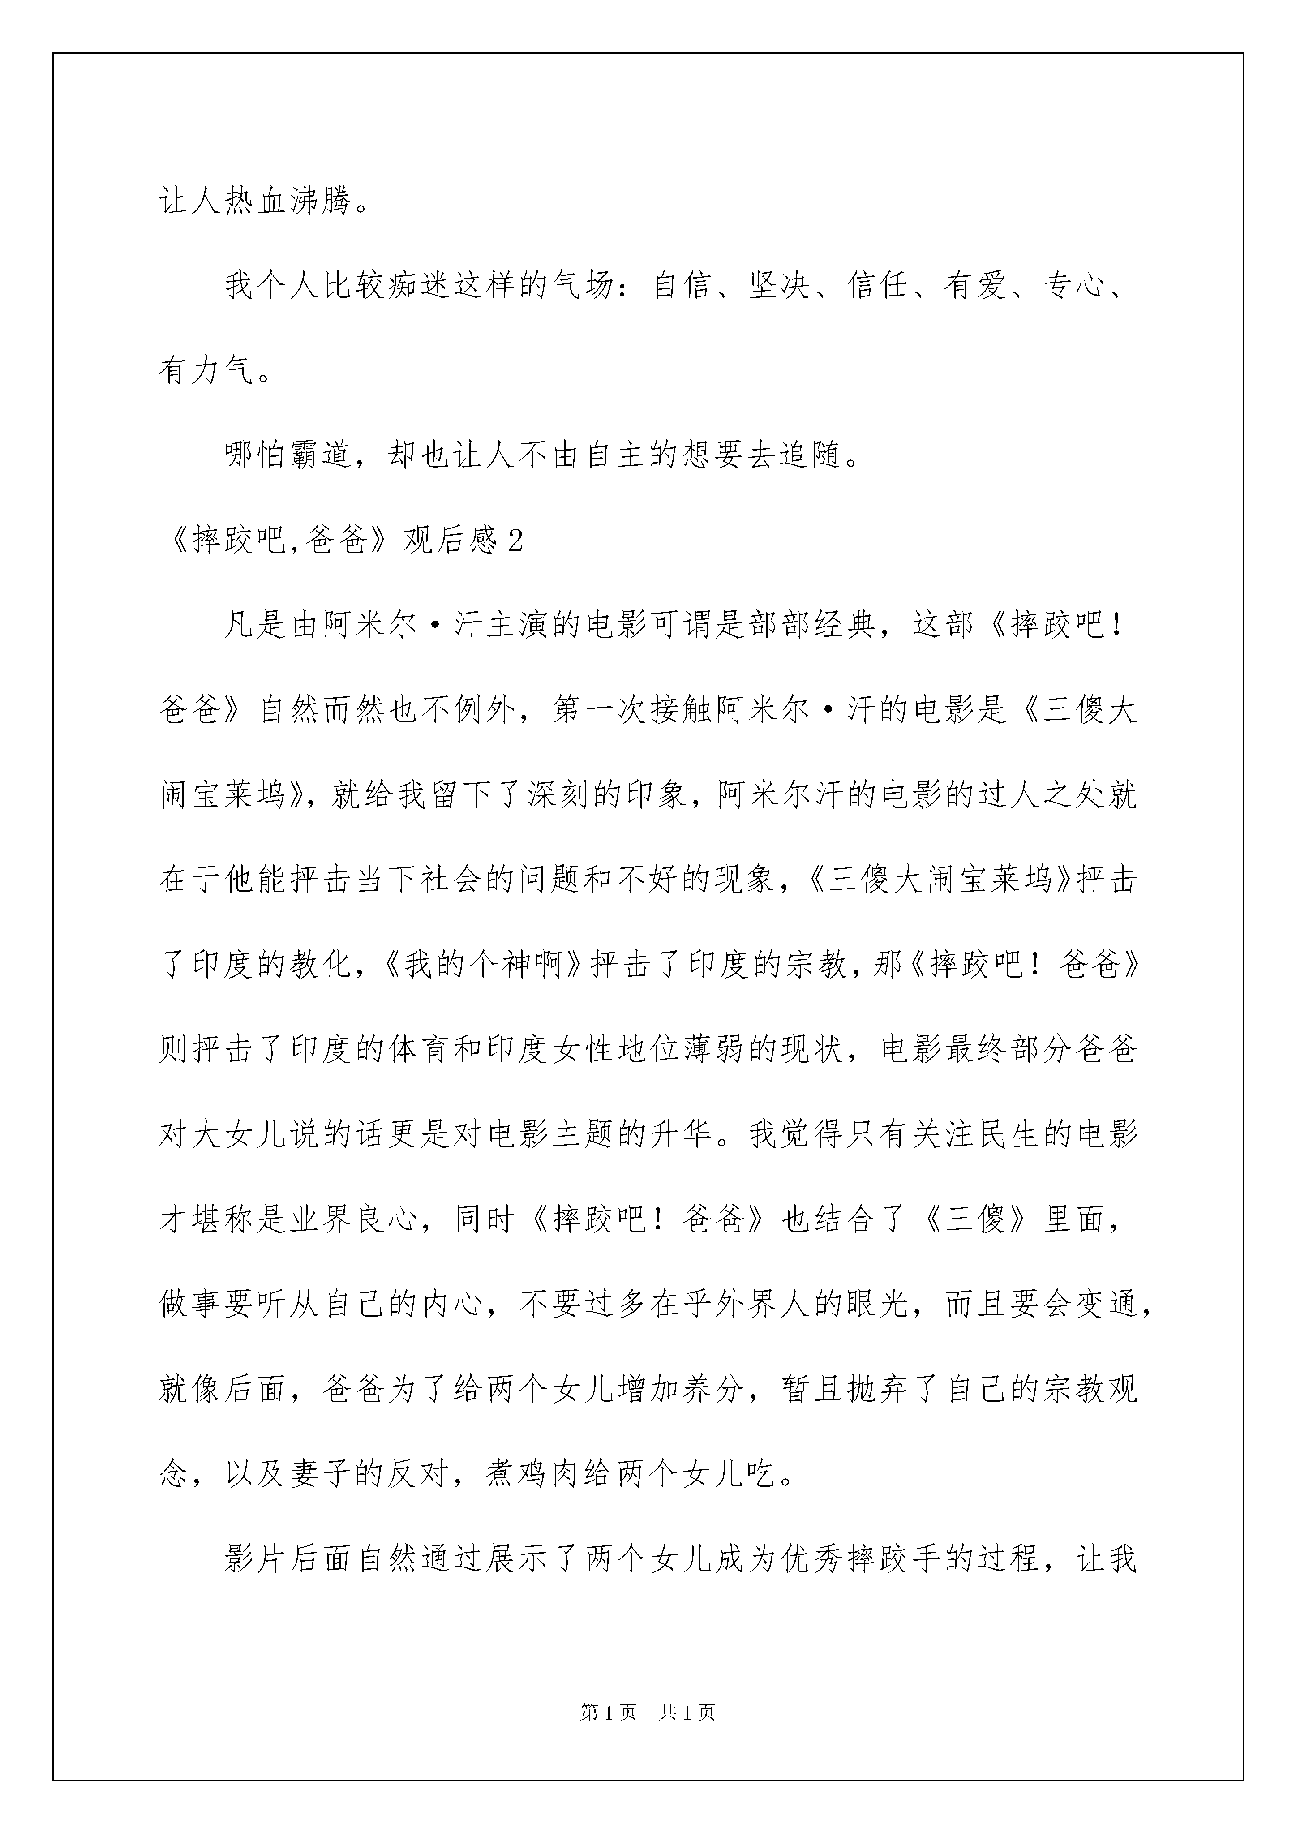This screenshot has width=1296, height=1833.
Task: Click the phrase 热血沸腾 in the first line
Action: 289,201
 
